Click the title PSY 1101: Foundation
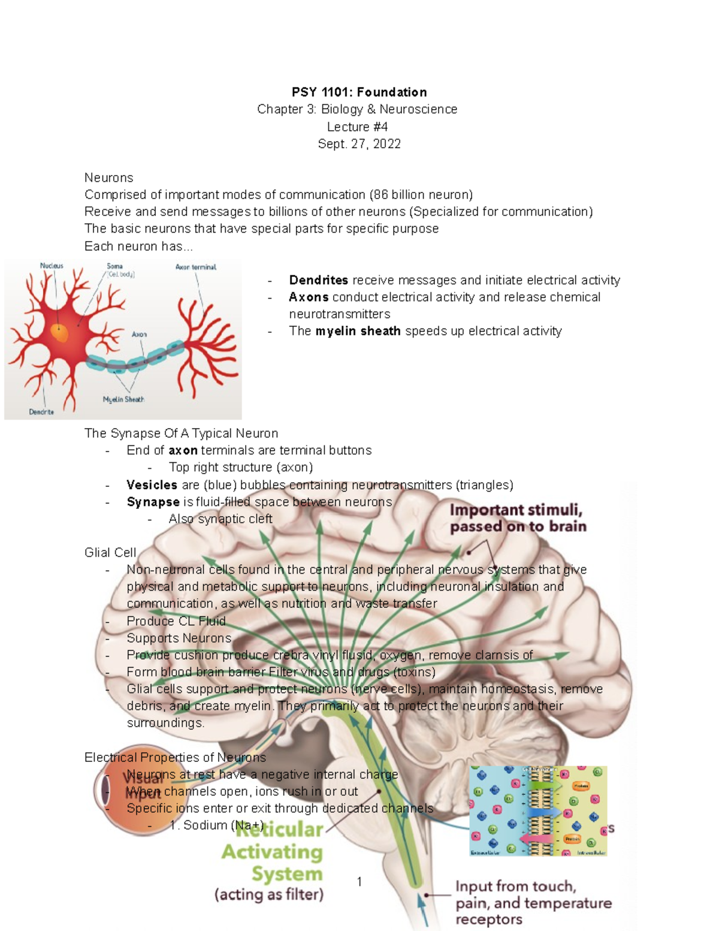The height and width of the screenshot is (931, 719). click(359, 92)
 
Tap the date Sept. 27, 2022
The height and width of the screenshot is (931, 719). click(359, 144)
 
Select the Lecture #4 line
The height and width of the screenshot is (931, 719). click(357, 127)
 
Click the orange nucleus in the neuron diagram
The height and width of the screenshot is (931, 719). click(59, 332)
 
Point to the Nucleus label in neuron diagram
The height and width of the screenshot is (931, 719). click(52, 266)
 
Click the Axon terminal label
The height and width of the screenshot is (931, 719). click(195, 267)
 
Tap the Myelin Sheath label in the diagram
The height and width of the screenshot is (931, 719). click(123, 399)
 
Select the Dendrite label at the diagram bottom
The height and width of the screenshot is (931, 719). click(41, 412)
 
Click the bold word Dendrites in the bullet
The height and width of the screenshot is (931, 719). click(318, 280)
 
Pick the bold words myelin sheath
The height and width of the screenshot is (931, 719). click(358, 331)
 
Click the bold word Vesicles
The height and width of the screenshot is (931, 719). click(152, 485)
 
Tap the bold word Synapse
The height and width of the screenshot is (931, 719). click(153, 502)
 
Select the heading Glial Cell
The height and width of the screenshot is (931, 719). click(110, 552)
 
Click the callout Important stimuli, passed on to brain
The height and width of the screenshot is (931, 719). click(518, 518)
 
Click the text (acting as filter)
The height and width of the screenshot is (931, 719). click(269, 894)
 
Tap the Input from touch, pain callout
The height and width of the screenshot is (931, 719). click(533, 902)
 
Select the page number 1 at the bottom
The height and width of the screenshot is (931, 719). click(359, 881)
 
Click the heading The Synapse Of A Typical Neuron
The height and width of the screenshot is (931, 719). click(181, 433)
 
